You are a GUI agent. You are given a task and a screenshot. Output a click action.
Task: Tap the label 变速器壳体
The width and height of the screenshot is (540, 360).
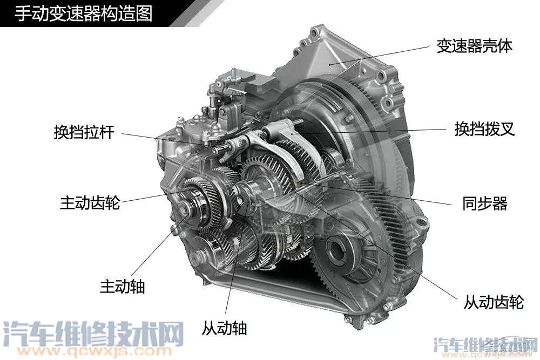[x=474, y=46]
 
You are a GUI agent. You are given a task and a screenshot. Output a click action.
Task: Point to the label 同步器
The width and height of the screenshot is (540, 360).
[x=485, y=203]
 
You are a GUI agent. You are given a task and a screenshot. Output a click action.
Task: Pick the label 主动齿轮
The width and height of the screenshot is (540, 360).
[x=90, y=203]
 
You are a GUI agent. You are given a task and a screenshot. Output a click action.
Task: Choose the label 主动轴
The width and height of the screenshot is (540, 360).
[x=123, y=286]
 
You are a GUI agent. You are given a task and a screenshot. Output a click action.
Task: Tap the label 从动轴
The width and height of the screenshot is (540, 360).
[x=224, y=327]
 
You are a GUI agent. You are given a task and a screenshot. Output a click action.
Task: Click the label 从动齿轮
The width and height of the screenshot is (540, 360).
[x=494, y=302]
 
